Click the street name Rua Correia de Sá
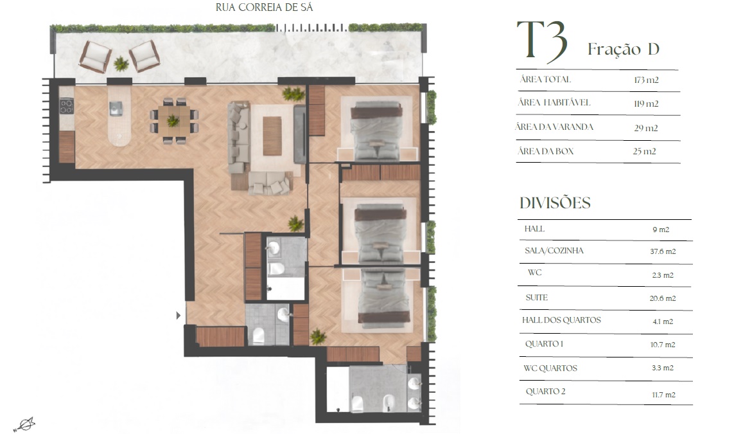264,7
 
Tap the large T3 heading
543,41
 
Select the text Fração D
624,48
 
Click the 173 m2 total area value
646,80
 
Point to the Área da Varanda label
554,127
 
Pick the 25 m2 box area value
644,151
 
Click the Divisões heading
555,203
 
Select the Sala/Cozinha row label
554,251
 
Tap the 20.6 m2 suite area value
663,298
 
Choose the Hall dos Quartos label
561,320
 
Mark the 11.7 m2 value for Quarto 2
663,395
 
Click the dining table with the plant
174,120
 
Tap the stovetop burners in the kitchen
66,106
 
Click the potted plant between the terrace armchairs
121,63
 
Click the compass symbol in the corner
24,424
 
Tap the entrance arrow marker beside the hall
179,316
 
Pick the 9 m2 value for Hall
661,230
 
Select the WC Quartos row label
550,368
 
